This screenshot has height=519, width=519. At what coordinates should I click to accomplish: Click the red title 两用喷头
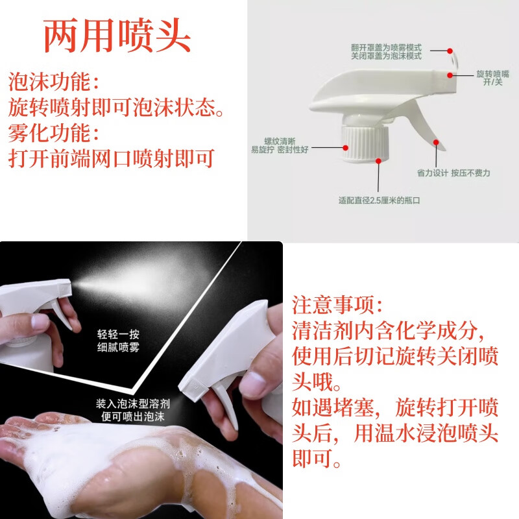117,36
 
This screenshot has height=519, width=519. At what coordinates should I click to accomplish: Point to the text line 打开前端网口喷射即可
111,159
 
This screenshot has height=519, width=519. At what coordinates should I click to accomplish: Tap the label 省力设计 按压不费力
453,173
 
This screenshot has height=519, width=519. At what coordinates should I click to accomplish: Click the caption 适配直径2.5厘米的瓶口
379,200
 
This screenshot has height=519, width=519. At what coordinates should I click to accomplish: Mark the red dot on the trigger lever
436,141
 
